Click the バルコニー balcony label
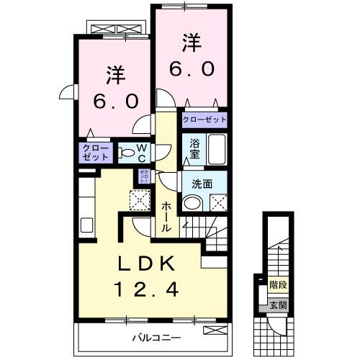(x=154, y=336)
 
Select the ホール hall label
(x=166, y=216)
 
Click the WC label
(x=142, y=152)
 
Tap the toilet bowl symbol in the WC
(x=125, y=153)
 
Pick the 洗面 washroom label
(x=202, y=184)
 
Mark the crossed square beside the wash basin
(x=218, y=203)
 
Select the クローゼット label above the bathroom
(x=204, y=120)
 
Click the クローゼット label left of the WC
(x=95, y=152)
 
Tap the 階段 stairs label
(x=278, y=285)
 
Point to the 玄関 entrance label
(x=277, y=305)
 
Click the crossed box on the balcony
(x=214, y=330)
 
